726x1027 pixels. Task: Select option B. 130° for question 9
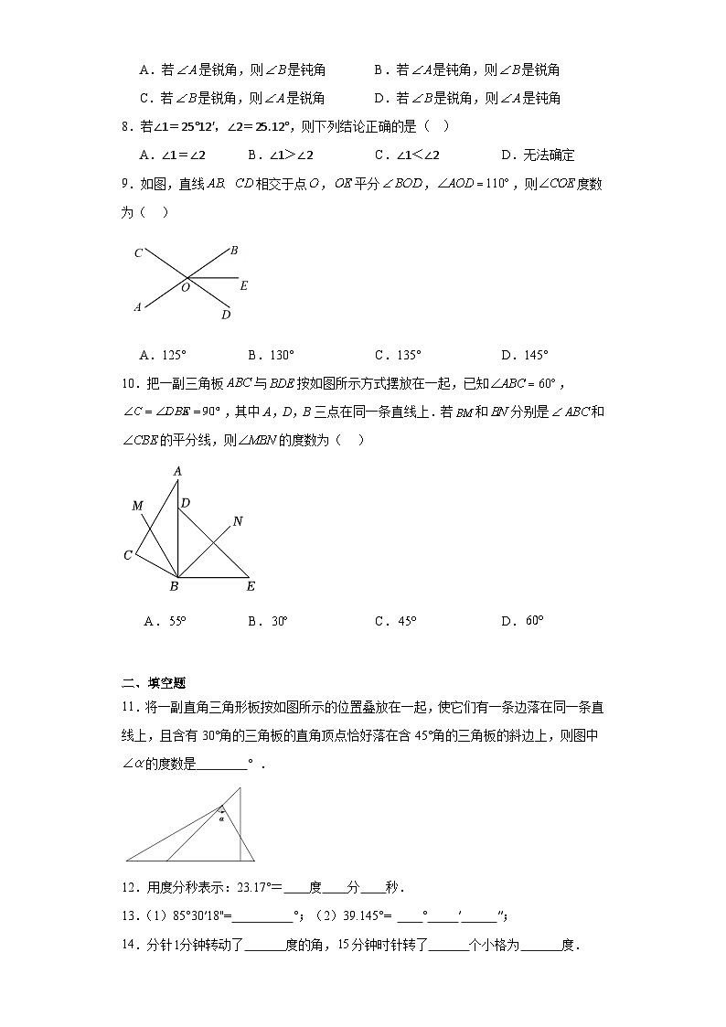(272, 355)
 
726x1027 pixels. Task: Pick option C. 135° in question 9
(399, 355)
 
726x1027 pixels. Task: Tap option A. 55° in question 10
(165, 621)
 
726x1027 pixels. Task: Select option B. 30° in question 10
(268, 621)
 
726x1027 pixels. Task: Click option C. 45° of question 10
(396, 621)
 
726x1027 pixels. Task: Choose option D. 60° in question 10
(522, 621)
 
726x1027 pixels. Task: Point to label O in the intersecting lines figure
(185, 287)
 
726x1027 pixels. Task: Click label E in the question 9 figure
(243, 286)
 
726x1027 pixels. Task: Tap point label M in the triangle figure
(137, 506)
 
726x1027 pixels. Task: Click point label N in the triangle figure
(238, 521)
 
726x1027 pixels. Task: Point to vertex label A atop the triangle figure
(178, 471)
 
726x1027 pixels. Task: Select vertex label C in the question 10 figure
(129, 555)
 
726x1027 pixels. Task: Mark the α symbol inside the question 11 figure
(221, 819)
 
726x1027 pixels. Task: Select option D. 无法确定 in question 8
(539, 155)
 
